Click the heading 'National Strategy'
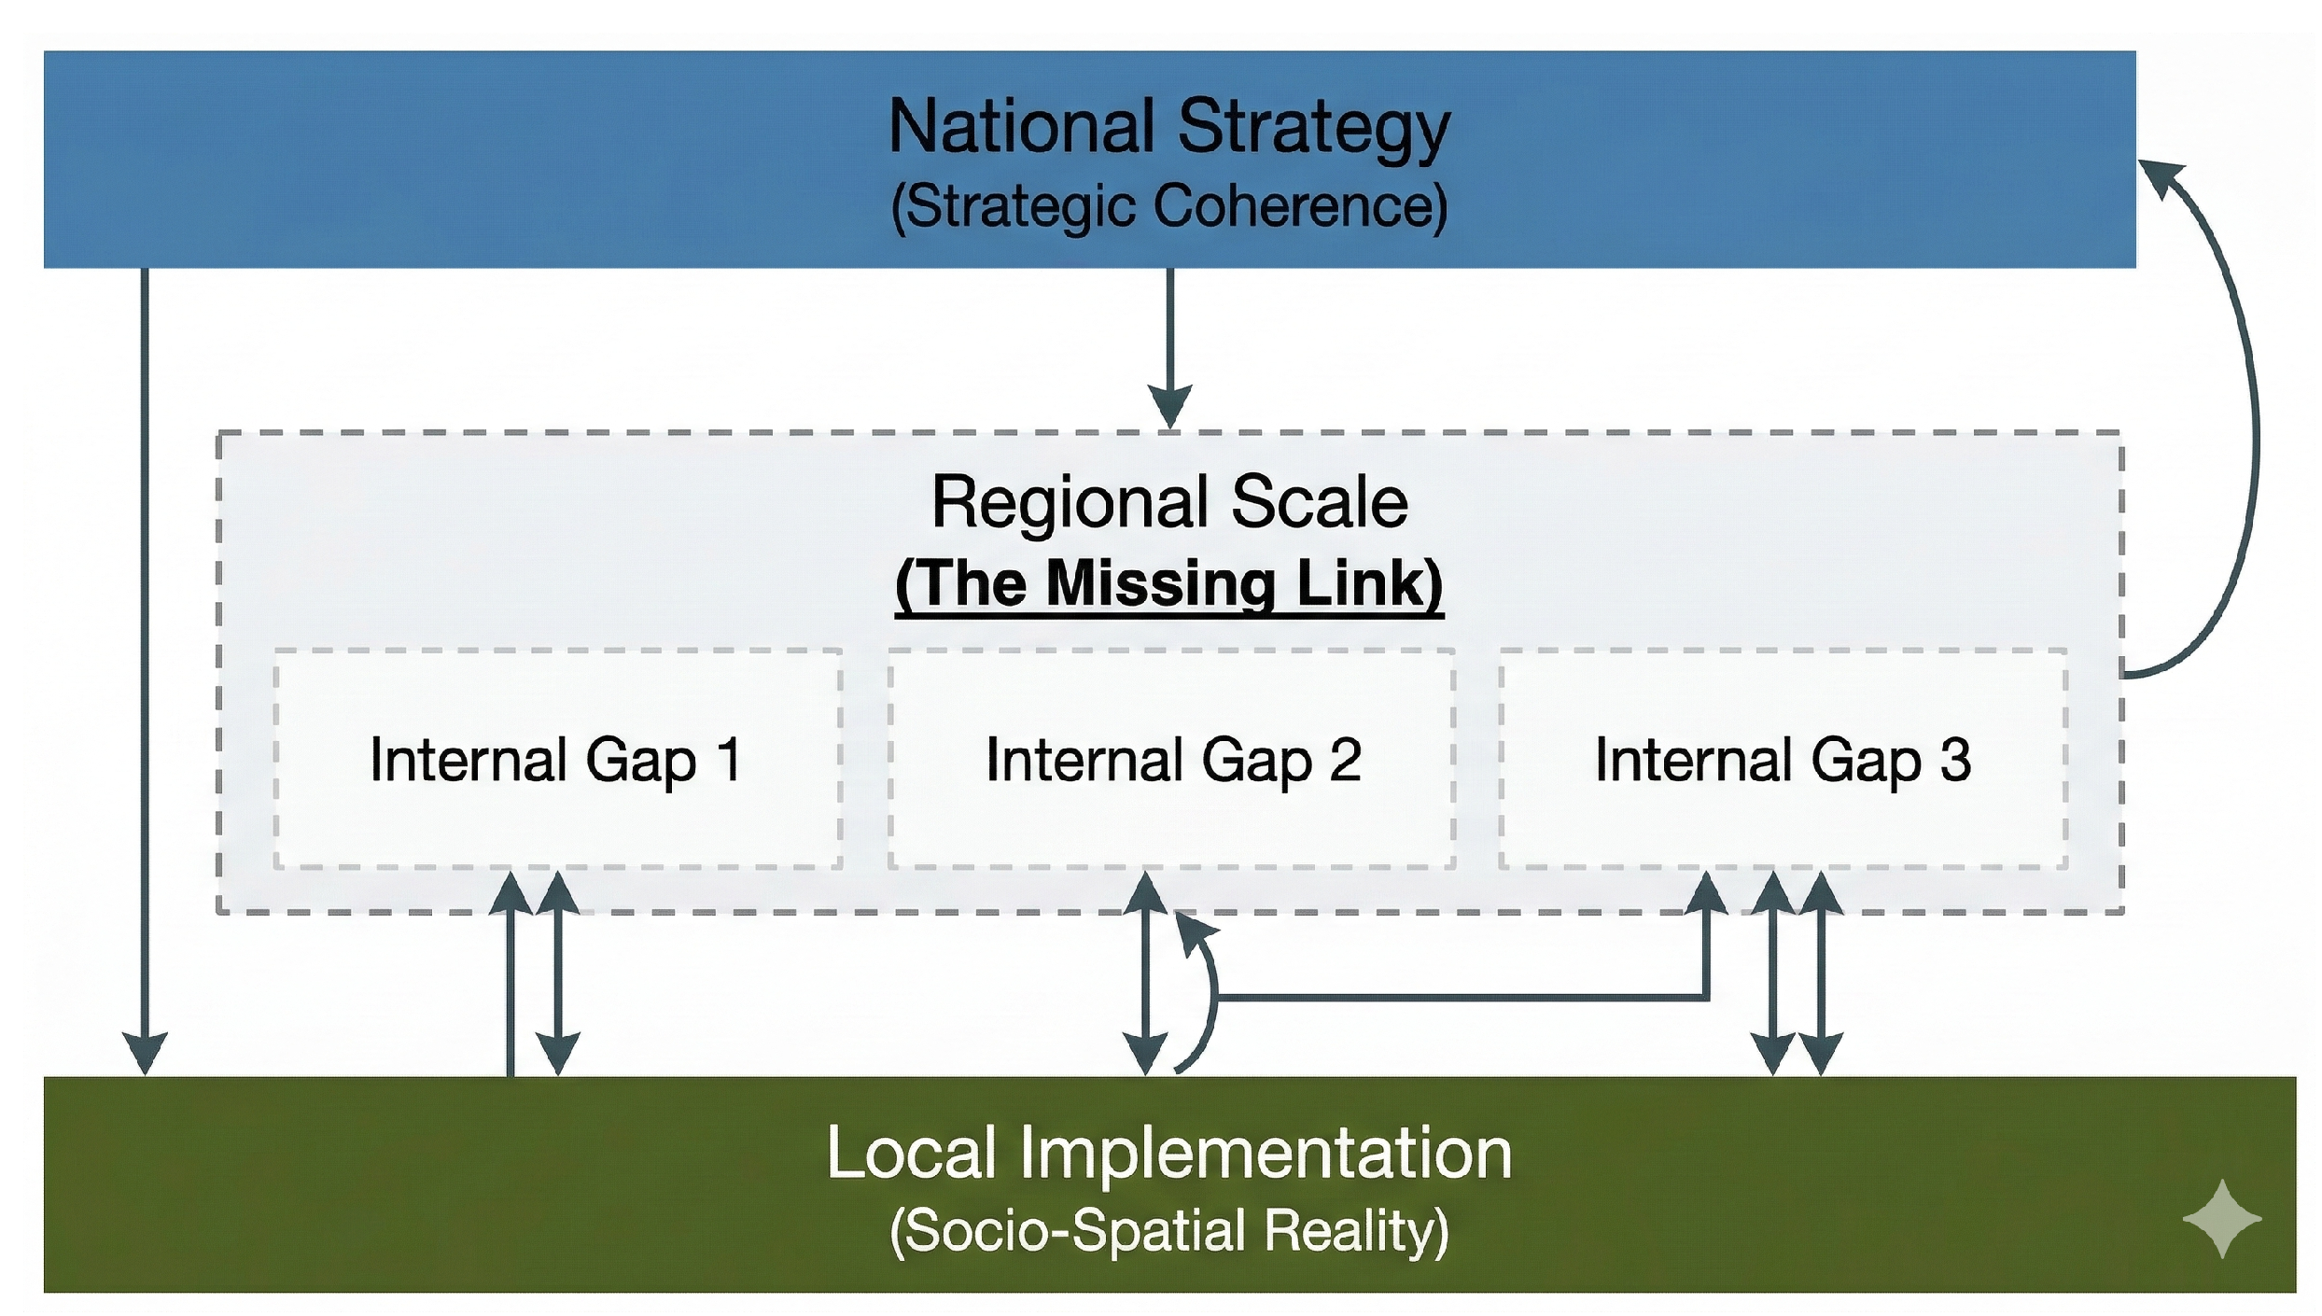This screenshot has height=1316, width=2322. coord(1169,128)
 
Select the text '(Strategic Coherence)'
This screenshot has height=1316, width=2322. coord(1169,205)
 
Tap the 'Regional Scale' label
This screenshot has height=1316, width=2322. coord(1169,502)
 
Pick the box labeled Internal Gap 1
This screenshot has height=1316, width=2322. coord(558,759)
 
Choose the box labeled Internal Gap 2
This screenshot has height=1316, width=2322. coord(1171,759)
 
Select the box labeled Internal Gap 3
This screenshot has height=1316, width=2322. coord(1783,759)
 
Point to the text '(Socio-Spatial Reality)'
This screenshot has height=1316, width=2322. coord(1169,1230)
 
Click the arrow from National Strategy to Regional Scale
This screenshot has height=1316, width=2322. coord(1169,349)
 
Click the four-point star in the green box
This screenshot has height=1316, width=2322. coord(2222,1219)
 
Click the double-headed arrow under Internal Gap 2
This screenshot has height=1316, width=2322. coord(1146,973)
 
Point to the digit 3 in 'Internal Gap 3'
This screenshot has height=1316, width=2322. coord(1955,759)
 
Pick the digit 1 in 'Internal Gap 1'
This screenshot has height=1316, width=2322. coord(730,759)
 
